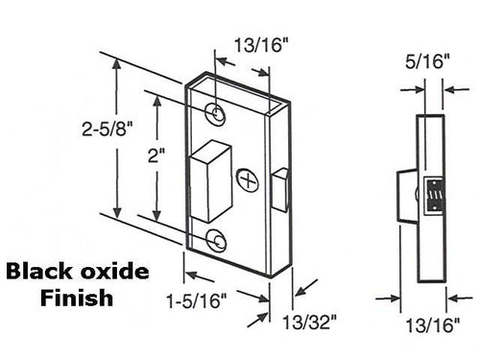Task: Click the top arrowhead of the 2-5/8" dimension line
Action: pyautogui.click(x=118, y=63)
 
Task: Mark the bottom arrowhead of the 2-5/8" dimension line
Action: pyautogui.click(x=118, y=217)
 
